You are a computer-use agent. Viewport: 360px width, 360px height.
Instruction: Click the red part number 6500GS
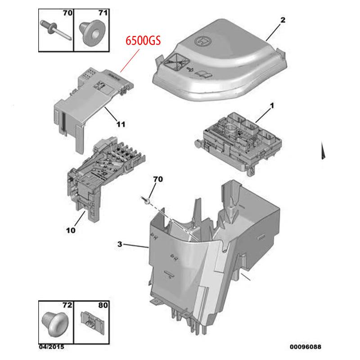coord(143,41)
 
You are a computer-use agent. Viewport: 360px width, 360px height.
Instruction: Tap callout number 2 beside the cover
coord(283,20)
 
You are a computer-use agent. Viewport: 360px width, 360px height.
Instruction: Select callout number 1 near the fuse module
coord(272,106)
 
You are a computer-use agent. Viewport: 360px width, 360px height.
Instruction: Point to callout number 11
coord(121,125)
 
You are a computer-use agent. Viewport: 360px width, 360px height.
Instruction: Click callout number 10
coord(71,230)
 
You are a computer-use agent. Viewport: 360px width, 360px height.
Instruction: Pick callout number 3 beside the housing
coord(120,244)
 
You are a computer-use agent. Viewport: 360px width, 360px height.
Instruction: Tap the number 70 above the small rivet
coord(158,179)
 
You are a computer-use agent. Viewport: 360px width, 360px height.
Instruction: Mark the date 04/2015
coord(51,346)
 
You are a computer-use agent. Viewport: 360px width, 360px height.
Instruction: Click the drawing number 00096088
coord(306,346)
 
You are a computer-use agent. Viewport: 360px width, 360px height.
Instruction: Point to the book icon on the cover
coord(203,74)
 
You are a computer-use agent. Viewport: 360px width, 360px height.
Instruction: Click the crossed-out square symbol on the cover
coord(176,61)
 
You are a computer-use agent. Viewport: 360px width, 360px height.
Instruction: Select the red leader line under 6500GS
coord(130,61)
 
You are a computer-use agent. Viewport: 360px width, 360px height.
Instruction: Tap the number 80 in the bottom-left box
coord(103,306)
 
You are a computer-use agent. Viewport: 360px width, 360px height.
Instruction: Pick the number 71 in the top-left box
coord(103,13)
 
